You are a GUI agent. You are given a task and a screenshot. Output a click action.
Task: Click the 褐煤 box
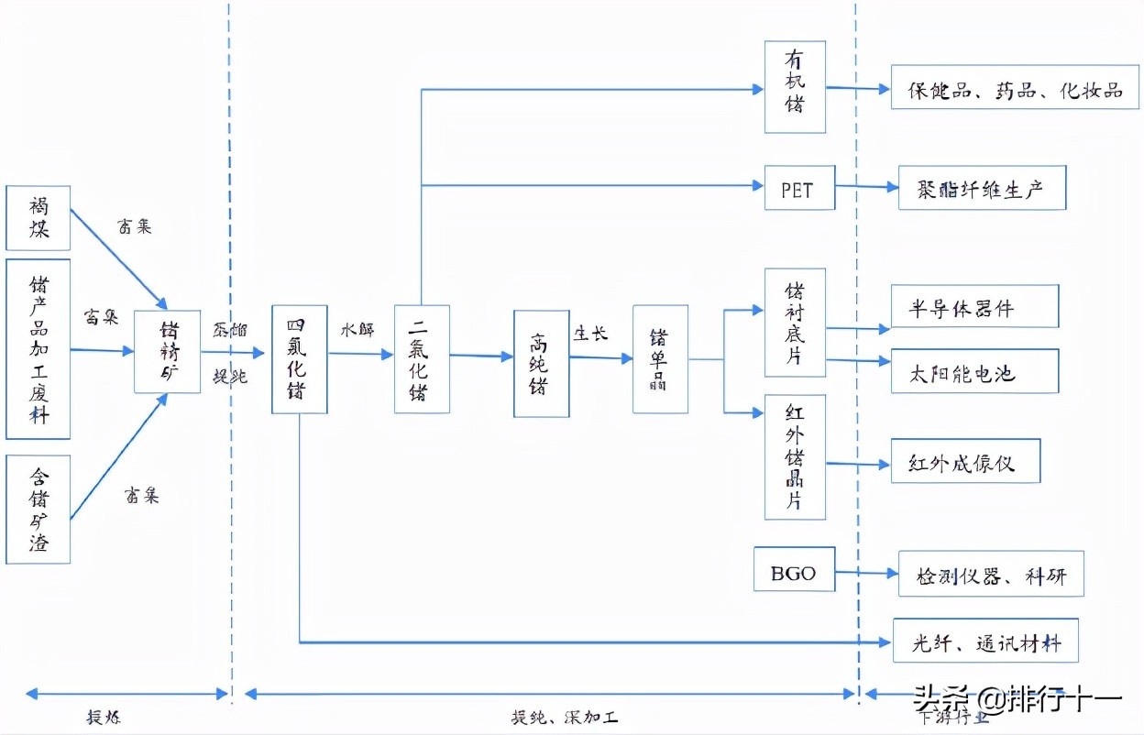point(38,217)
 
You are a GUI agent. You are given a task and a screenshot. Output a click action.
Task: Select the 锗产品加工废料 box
point(38,349)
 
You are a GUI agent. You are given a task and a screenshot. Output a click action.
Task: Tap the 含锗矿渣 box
point(38,509)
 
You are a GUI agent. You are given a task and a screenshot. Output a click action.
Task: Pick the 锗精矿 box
point(168,352)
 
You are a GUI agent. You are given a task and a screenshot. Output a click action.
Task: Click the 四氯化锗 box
point(300,358)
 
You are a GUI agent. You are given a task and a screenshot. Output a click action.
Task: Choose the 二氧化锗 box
point(422,358)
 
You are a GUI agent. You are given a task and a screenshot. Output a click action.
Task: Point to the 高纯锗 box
point(541,363)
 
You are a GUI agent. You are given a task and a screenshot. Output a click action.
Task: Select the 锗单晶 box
point(660,359)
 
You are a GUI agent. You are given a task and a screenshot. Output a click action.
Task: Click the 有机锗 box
point(795,87)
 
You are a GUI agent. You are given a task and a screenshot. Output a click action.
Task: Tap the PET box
point(799,190)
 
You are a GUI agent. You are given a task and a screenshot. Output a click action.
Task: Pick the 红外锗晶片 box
point(795,457)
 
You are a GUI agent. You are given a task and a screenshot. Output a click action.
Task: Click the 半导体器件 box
point(974,307)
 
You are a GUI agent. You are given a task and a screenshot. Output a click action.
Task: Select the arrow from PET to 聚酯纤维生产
point(866,187)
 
